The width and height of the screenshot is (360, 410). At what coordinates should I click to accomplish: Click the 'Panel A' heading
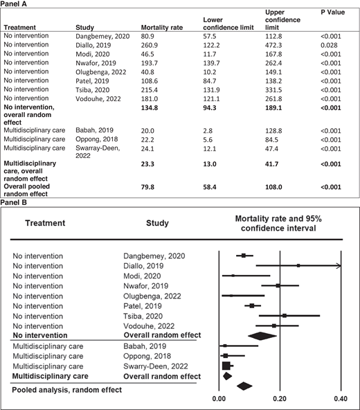click(16, 3)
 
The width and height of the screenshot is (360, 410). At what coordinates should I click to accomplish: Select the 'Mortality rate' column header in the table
click(168, 28)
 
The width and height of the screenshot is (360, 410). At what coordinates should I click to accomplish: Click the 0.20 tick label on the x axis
click(279, 400)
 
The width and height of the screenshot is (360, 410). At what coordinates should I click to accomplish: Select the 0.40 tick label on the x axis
click(340, 400)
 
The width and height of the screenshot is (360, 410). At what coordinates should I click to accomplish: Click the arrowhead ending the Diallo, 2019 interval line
click(338, 265)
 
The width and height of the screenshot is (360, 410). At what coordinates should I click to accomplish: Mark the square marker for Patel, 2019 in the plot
click(252, 305)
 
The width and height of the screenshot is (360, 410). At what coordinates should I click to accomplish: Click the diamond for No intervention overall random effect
click(260, 336)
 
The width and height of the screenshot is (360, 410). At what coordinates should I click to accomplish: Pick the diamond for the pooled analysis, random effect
click(244, 386)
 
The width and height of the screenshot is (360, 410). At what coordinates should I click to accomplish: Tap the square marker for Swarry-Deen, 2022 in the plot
click(226, 366)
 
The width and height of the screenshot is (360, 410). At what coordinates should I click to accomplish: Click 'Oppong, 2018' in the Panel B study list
click(136, 356)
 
